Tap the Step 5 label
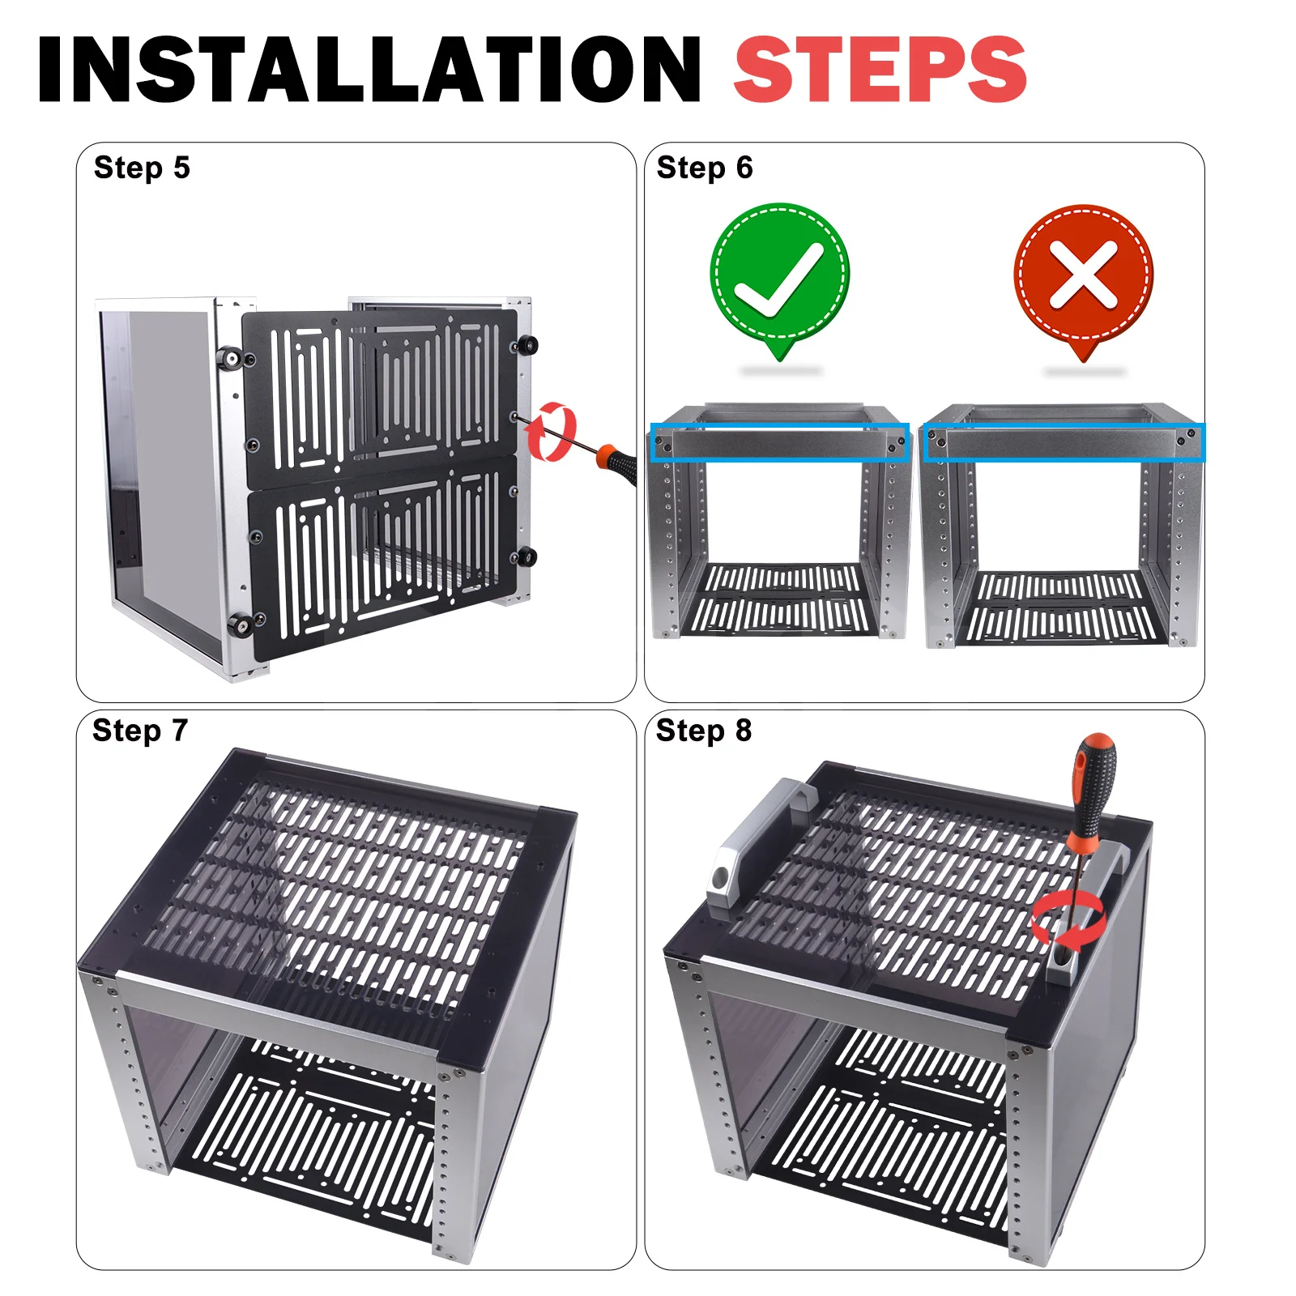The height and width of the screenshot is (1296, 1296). (x=142, y=168)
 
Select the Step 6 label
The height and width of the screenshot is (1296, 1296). (x=705, y=168)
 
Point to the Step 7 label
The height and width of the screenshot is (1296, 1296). (x=140, y=731)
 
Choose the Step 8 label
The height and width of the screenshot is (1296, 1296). (x=704, y=731)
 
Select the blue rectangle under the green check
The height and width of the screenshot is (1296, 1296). (x=779, y=443)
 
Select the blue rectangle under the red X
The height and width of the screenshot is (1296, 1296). (x=1064, y=443)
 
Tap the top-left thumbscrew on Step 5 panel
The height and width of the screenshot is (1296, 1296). (x=230, y=357)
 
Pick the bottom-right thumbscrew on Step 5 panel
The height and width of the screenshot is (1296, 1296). (x=526, y=556)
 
